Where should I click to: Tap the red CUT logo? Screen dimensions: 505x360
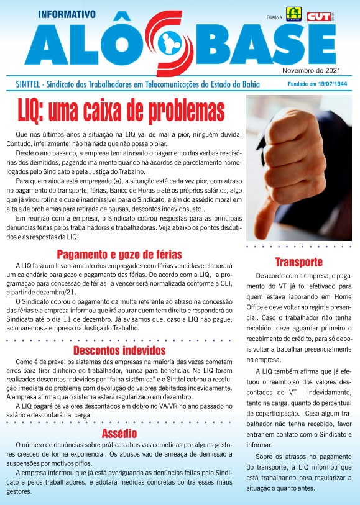(x=318, y=16)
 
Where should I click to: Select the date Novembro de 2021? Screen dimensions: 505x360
(x=316, y=70)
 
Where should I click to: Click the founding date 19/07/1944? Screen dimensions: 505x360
(x=329, y=84)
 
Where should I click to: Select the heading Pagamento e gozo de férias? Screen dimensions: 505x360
(x=119, y=254)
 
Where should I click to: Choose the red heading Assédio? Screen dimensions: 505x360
(x=119, y=433)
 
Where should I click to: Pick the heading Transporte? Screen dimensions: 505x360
(x=298, y=261)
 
